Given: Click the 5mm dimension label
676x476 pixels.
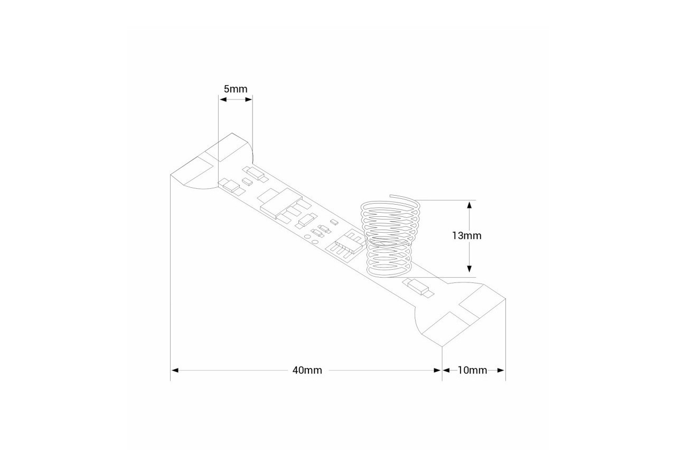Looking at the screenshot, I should (235, 88).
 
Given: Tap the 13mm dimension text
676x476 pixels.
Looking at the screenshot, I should (466, 235).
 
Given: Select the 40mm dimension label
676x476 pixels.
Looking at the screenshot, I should (307, 370).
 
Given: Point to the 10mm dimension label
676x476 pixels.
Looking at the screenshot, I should (472, 370).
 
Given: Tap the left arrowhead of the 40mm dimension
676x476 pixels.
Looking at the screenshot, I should (175, 370).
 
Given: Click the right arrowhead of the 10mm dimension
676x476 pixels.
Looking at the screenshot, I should (501, 370).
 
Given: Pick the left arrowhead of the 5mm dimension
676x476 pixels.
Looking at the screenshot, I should (222, 99).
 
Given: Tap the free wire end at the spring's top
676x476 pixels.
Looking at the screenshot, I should (391, 197).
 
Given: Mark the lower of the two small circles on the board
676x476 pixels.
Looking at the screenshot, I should (315, 242).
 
